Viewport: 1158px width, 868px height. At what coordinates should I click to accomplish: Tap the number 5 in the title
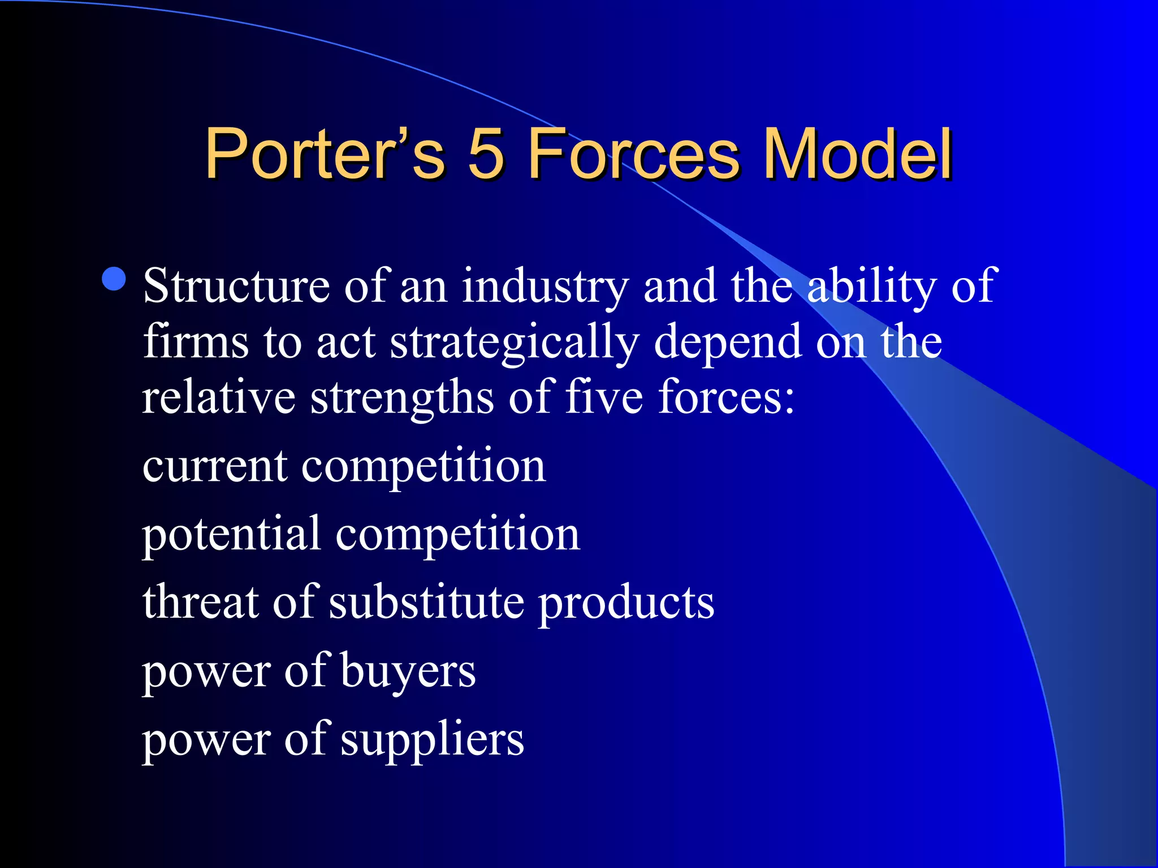tap(486, 154)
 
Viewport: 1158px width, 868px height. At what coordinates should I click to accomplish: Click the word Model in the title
tap(858, 154)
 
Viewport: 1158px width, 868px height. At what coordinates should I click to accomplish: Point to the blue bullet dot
tap(114, 279)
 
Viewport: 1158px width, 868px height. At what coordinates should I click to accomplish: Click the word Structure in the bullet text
tap(236, 286)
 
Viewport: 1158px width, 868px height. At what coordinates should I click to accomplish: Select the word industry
tap(545, 286)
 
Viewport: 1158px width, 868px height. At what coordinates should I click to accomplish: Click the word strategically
tap(515, 342)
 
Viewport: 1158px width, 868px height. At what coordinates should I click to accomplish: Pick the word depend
tap(728, 342)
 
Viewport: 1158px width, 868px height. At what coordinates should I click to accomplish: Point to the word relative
tap(218, 397)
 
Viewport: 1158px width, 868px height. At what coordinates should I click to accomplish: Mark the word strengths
tap(402, 398)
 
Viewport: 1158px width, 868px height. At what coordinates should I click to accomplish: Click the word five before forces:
tap(604, 397)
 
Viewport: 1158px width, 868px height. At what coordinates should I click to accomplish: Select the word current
tap(215, 467)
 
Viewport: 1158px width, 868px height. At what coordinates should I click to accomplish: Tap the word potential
tap(231, 535)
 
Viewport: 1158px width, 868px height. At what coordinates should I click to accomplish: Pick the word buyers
tap(408, 672)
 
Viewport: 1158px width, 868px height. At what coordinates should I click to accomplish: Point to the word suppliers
tap(433, 740)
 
